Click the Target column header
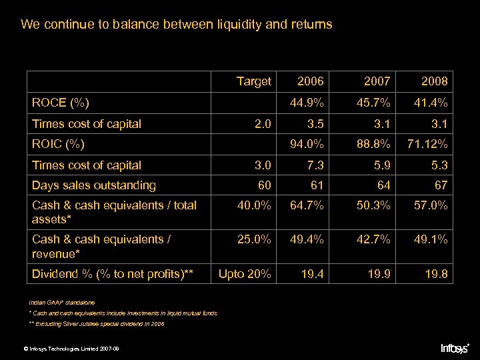253,81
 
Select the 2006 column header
310,81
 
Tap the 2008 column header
434,81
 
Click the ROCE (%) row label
61,103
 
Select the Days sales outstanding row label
93,185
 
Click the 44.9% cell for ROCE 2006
307,103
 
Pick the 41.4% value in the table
431,103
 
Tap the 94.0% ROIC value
307,144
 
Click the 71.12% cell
427,144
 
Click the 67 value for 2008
440,185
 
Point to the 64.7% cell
307,205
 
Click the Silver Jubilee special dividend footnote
97,324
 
